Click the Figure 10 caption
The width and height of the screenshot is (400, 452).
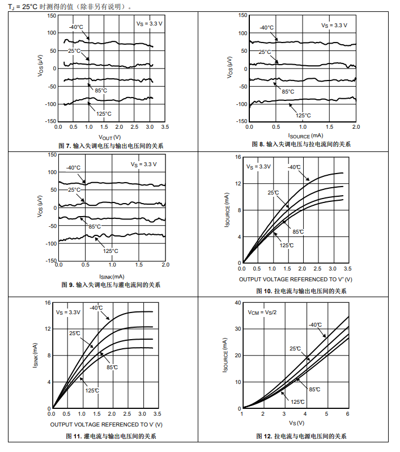(x=301, y=291)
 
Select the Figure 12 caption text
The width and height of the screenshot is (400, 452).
(x=301, y=436)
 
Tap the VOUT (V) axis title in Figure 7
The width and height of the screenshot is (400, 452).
(x=110, y=137)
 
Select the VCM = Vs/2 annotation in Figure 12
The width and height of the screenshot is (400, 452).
(x=262, y=312)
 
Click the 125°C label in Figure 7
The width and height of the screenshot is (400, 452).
(x=104, y=113)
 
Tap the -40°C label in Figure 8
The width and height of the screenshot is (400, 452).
(x=267, y=28)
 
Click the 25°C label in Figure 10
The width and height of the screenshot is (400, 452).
(x=273, y=193)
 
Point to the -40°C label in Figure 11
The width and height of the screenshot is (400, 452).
(x=96, y=308)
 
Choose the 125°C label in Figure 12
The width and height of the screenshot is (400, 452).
(x=298, y=402)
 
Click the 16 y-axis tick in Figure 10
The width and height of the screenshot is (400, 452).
(x=238, y=157)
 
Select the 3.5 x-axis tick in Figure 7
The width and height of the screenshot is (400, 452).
(x=165, y=127)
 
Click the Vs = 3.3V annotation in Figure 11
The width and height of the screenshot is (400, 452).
(x=68, y=312)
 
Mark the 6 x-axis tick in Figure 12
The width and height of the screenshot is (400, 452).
(x=347, y=415)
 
